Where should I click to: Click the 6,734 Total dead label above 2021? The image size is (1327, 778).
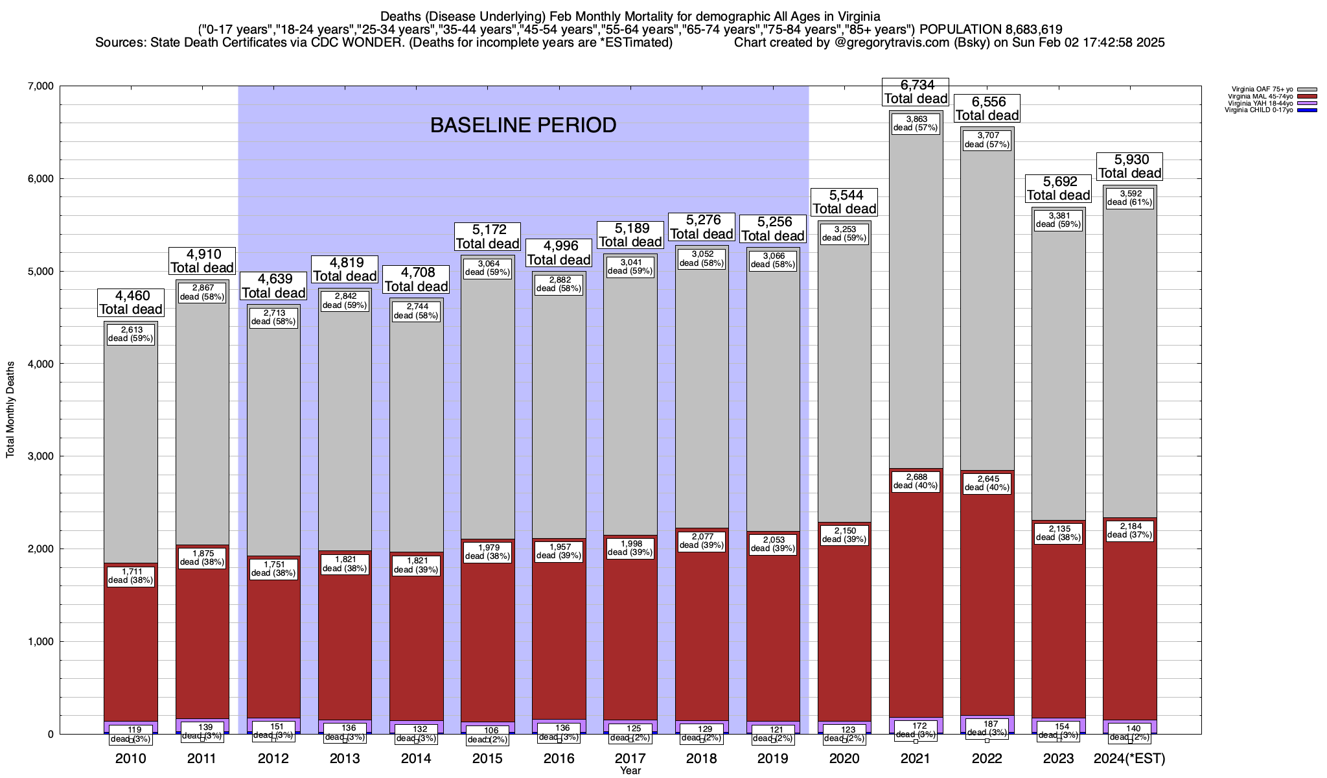pos(916,91)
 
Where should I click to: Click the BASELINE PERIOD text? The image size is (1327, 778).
pos(523,125)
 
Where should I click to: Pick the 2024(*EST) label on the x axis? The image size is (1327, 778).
pos(1129,759)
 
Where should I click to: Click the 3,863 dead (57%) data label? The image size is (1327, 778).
pos(916,123)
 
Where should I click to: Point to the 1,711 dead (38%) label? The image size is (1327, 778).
pos(131,576)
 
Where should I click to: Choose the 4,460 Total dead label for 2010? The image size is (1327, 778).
pos(131,302)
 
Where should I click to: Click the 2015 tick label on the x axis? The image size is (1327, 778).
pos(487,759)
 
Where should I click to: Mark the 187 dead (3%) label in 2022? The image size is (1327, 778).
pos(987,728)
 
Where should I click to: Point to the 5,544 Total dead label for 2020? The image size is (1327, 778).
pos(844,202)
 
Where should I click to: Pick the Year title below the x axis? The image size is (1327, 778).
pos(630,771)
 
